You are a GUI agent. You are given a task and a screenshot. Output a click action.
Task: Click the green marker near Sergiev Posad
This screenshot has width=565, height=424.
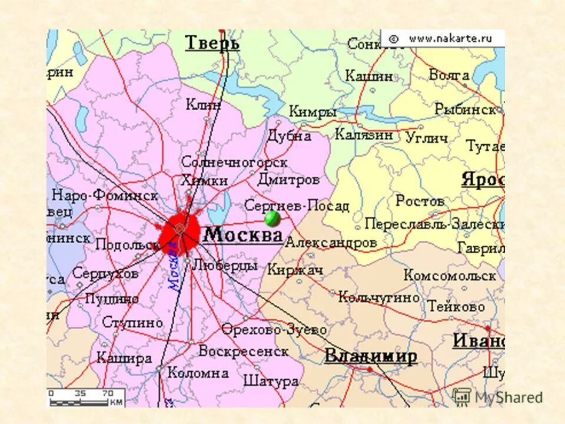point(272,219)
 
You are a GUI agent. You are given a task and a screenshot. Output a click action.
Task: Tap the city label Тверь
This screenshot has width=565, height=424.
point(212,43)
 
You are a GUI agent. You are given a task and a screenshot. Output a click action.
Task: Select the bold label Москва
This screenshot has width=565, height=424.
point(242,235)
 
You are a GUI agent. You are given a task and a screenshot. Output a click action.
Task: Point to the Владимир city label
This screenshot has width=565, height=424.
point(371,356)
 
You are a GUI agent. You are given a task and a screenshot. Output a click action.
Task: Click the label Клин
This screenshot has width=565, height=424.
point(203,105)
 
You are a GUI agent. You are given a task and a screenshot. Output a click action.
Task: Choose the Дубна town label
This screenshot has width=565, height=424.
point(289,135)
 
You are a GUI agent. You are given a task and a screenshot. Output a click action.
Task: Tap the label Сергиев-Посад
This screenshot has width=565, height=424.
point(297,206)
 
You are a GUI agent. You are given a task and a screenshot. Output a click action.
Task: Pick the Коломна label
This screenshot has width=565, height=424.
point(198,373)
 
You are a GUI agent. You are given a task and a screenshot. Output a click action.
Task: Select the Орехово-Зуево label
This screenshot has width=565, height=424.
point(274,330)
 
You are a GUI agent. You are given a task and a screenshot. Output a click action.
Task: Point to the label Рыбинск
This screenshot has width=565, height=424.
point(465,109)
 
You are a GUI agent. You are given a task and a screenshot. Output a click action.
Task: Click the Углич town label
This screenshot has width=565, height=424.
point(427,138)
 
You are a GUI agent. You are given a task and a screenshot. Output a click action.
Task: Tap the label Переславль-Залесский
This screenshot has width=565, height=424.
point(434,224)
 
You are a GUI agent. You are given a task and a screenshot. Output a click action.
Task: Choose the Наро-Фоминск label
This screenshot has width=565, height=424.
point(105,195)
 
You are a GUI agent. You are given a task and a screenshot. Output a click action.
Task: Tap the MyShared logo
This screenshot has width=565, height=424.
point(498,396)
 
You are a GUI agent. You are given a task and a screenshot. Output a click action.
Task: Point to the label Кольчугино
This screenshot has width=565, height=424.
point(380,297)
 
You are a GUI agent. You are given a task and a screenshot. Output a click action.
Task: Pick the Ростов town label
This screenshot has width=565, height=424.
point(420,201)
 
